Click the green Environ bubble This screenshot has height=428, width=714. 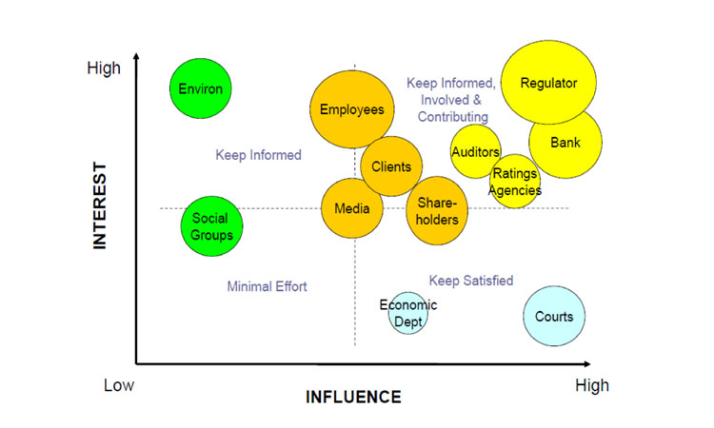click(x=200, y=88)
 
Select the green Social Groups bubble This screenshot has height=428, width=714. click(x=211, y=226)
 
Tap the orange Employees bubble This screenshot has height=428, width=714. click(x=352, y=109)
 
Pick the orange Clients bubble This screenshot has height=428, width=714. click(x=391, y=166)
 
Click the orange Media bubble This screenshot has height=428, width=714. click(x=352, y=208)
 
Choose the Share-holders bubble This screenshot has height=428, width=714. click(x=437, y=210)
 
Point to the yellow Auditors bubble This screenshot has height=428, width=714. click(x=475, y=151)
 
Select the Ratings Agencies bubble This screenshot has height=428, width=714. click(x=515, y=181)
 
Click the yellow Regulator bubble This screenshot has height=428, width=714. click(x=548, y=83)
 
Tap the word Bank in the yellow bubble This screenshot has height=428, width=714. click(x=565, y=143)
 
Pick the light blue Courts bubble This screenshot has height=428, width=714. click(x=554, y=316)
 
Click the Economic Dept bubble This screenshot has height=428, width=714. click(x=408, y=313)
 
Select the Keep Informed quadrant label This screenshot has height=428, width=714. click(x=258, y=155)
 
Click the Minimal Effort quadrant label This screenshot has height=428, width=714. click(x=267, y=286)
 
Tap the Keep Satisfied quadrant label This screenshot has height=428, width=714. click(x=471, y=281)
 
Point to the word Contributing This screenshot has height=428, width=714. click(x=452, y=117)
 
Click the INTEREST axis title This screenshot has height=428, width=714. click(x=100, y=205)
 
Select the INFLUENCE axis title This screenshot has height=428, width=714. click(x=353, y=397)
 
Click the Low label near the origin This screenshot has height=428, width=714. click(x=119, y=385)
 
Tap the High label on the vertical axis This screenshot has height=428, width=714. click(x=104, y=68)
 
